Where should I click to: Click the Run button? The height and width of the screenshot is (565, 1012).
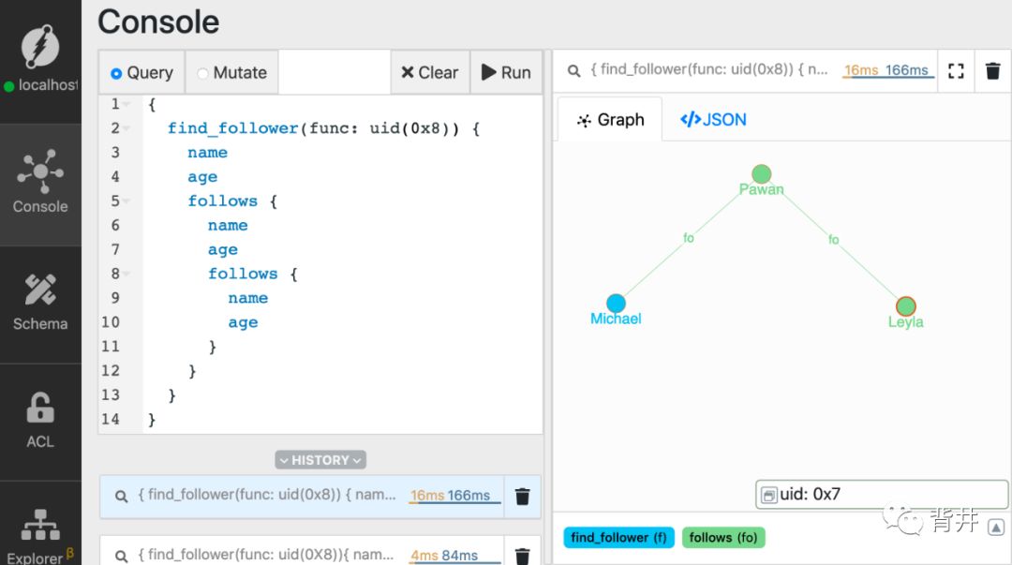point(506,72)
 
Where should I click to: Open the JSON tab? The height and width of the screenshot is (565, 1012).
point(713,119)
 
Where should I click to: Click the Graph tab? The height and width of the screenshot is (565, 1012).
point(610,119)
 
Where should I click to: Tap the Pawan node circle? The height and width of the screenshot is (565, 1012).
point(761,174)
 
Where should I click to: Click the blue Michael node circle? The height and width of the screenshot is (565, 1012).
point(616,303)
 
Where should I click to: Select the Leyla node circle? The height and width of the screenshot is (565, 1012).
point(905,306)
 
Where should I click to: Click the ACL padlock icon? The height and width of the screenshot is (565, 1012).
point(40,409)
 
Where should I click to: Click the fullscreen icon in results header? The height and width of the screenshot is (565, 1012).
point(956,71)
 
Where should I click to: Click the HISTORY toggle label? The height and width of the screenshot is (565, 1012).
point(320,460)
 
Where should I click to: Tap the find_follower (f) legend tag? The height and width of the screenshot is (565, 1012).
point(618,537)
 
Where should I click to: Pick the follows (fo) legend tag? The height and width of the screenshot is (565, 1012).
point(723,537)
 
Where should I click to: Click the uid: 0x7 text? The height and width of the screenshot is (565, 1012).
point(811,494)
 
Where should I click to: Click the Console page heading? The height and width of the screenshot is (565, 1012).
point(158,22)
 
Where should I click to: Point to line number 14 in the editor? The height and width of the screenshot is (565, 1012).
point(111,419)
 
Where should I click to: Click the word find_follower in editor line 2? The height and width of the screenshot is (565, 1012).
point(232,128)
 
